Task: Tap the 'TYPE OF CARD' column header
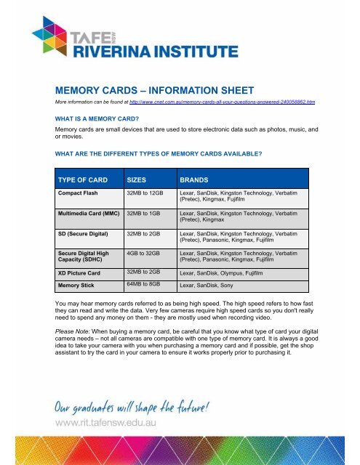coord(84,178)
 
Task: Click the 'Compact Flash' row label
coord(84,193)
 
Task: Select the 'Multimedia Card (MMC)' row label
coord(89,214)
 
